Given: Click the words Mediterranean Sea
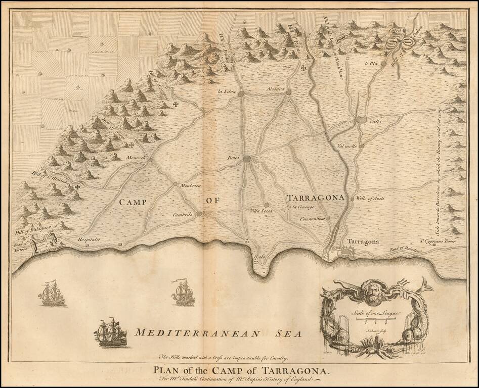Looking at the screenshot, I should coord(217,333).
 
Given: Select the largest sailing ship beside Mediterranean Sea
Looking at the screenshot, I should coord(111,332).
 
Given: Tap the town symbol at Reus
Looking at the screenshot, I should coord(247,159).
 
